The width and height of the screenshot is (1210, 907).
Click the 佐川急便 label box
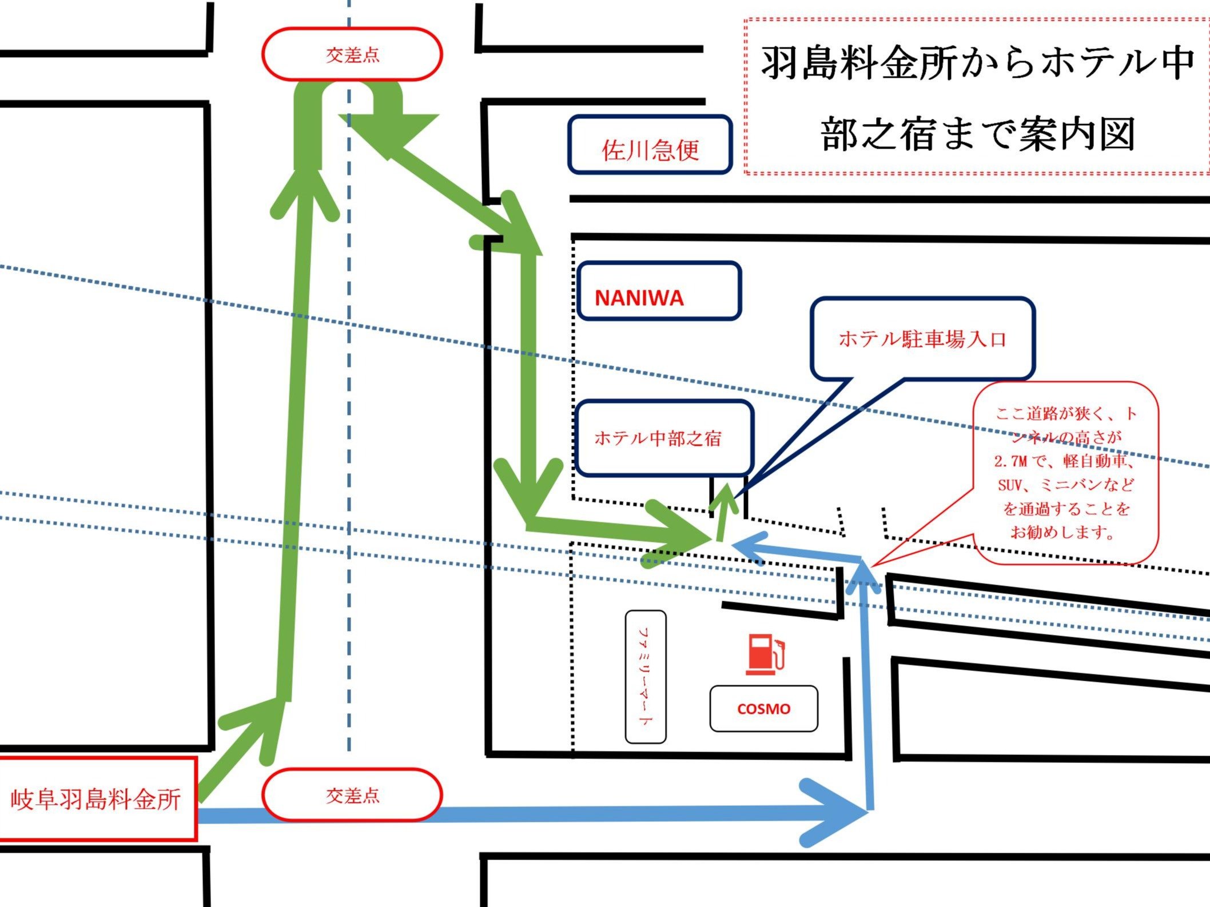pyautogui.click(x=650, y=145)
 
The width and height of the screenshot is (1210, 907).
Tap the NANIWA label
pyautogui.click(x=639, y=298)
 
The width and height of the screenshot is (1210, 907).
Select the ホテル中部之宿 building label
pyautogui.click(x=658, y=438)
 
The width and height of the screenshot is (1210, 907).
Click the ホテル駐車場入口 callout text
pyautogui.click(x=922, y=339)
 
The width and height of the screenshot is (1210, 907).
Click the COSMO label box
pyautogui.click(x=764, y=709)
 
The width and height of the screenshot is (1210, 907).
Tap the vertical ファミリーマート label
pyautogui.click(x=646, y=677)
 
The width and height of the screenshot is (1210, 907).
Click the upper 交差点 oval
pyautogui.click(x=352, y=54)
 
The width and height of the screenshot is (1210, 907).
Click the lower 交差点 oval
pyautogui.click(x=352, y=795)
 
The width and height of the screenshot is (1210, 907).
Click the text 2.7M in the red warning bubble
pyautogui.click(x=1010, y=461)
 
